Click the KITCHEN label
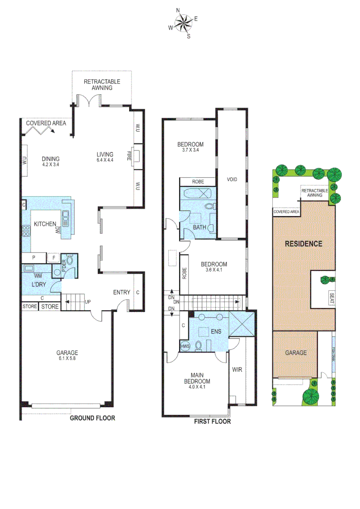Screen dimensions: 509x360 point(45,224)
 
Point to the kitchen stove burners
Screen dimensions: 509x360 point(26,231)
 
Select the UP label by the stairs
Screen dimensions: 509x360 point(87,302)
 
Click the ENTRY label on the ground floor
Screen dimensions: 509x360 point(122,293)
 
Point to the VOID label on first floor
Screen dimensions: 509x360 point(231,179)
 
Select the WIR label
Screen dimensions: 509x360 point(237,370)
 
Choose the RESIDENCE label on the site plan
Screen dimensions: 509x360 point(303,244)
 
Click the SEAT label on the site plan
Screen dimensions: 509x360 point(331,298)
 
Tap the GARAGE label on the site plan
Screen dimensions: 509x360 point(295,353)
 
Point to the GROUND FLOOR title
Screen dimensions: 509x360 point(92,418)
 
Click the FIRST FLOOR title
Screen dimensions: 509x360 point(213,421)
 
